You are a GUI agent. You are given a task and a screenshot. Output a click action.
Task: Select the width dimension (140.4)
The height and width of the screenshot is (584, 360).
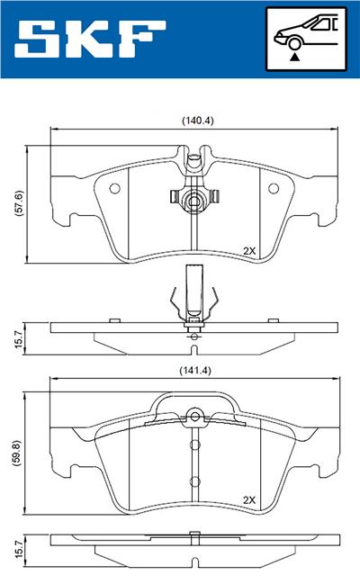tap(195, 120)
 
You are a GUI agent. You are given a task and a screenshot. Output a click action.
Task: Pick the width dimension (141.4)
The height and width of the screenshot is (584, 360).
tap(195, 369)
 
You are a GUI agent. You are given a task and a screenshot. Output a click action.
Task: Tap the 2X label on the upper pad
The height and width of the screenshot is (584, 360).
tap(249, 251)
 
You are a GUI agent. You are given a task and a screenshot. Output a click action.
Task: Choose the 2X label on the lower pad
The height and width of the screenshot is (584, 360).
tap(249, 500)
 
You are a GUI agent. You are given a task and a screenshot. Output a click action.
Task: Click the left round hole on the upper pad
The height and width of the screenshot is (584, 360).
tap(114, 188)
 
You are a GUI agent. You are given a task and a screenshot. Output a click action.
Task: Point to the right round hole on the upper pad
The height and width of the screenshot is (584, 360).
tap(275, 188)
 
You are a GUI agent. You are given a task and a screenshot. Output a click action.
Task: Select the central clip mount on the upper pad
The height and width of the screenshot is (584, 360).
tap(194, 198)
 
